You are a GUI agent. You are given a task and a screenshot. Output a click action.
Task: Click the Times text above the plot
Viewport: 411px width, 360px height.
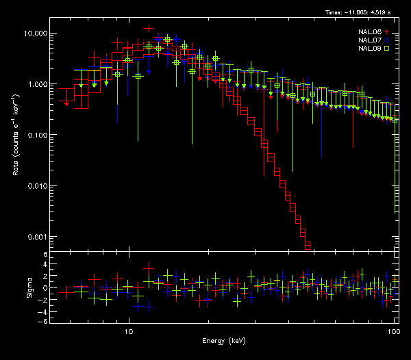362,12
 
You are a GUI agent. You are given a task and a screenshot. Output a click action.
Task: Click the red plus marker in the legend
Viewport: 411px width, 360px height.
387,32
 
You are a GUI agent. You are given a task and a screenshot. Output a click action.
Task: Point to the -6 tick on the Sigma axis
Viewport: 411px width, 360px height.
43,321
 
